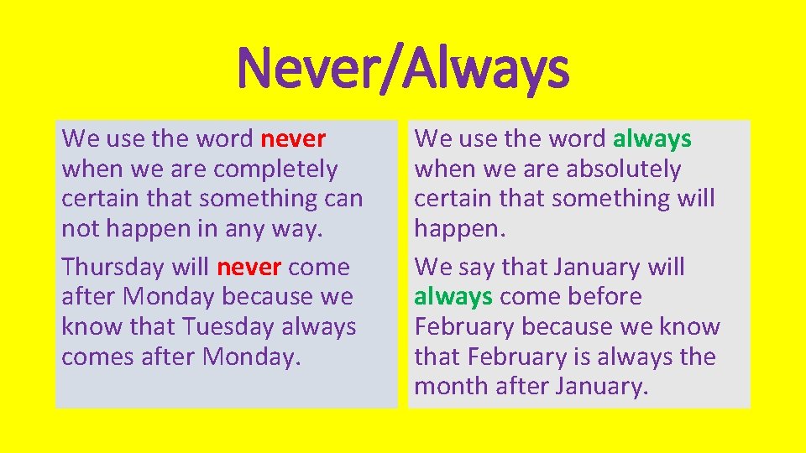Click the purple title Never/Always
point(403,68)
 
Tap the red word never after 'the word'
point(293,138)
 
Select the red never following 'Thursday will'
point(249,268)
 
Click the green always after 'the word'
point(652,138)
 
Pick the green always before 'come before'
point(453,297)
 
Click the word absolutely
point(623,169)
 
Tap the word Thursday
point(113,268)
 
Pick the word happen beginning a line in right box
point(457,229)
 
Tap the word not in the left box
point(79,229)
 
